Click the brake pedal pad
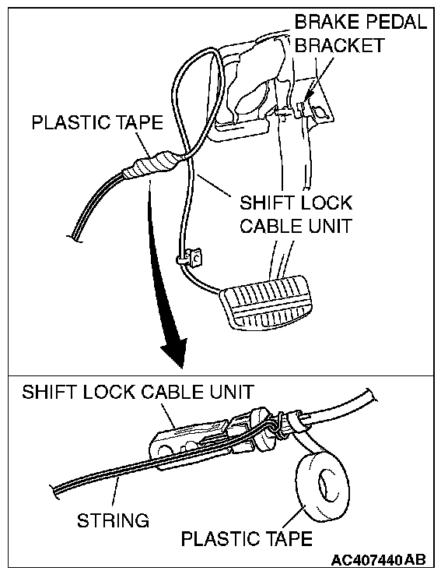268,302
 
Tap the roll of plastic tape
323,488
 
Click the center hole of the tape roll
325,485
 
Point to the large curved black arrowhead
173,352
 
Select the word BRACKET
339,45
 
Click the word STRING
113,520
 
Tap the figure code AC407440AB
379,560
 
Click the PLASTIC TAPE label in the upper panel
97,123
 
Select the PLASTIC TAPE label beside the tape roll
247,538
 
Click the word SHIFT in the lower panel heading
49,392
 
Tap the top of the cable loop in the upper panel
210,48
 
